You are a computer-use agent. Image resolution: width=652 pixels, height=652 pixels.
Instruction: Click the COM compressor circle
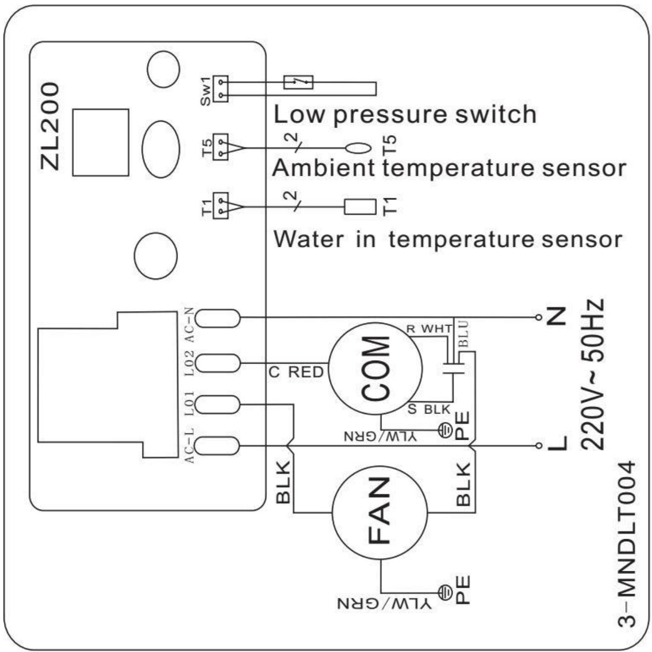[x=375, y=369]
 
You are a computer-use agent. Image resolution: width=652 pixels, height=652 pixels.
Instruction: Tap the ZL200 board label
[x=50, y=126]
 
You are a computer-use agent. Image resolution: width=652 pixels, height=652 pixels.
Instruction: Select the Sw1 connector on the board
[x=221, y=89]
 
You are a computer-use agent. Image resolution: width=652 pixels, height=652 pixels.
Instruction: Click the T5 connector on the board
[x=221, y=147]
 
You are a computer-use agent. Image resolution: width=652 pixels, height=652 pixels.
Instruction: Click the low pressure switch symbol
[x=298, y=82]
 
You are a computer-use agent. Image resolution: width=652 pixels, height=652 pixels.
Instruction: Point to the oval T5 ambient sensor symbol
[x=358, y=147]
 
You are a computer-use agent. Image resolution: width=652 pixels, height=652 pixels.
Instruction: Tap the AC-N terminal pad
[x=218, y=319]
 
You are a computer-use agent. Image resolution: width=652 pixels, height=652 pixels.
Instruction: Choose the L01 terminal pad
[x=218, y=404]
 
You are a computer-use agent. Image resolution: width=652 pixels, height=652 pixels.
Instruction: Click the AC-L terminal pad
[x=218, y=446]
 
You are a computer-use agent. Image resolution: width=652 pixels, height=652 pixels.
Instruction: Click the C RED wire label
[x=296, y=372]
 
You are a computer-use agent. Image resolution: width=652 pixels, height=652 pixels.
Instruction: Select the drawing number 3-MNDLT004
[x=627, y=544]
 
